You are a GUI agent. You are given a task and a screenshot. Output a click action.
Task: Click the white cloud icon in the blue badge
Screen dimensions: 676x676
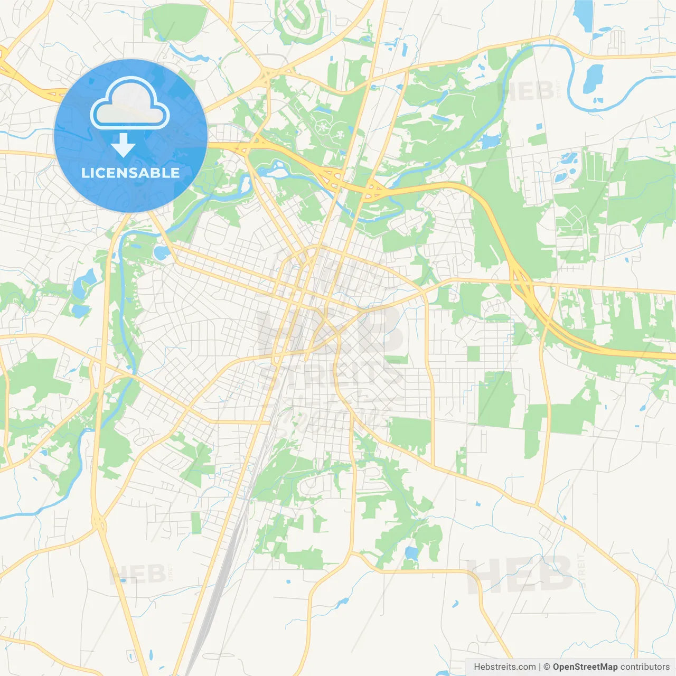pos(130,103)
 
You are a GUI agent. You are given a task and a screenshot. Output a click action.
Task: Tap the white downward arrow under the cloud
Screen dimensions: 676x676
pos(123,145)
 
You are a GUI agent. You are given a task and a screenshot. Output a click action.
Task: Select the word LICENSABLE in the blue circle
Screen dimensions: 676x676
pos(130,173)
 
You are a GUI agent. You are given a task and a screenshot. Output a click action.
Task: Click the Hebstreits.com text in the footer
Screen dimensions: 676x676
pos(504,667)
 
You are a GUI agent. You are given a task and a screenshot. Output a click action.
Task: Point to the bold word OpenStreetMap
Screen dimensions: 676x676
pos(585,667)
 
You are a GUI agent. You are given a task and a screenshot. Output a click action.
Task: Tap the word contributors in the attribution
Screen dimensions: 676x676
pos(645,667)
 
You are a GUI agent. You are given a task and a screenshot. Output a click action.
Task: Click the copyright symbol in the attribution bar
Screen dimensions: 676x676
pos(547,667)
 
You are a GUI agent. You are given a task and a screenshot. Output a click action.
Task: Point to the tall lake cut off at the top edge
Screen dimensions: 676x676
pos(583,13)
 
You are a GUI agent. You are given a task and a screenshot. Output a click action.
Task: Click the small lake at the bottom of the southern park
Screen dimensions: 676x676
pos(410,553)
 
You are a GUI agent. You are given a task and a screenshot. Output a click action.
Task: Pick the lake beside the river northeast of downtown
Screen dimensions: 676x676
pos(490,141)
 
